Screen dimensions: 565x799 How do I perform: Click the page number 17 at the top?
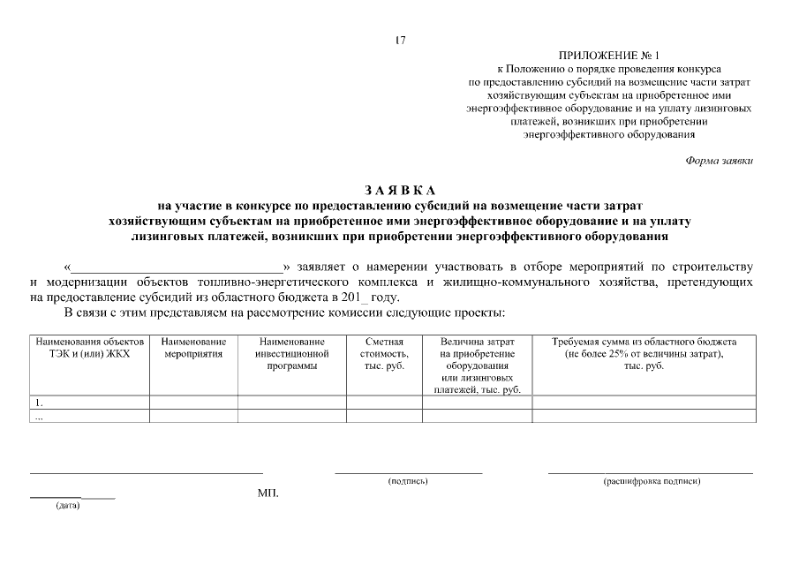[x=400, y=40]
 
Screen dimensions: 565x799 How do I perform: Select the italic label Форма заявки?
[x=719, y=160]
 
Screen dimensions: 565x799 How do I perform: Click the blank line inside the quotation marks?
[x=177, y=266]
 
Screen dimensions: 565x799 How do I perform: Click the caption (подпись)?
[x=408, y=482]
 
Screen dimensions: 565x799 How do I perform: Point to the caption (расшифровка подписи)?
[x=652, y=482]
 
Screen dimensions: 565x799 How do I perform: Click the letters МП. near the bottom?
[x=268, y=493]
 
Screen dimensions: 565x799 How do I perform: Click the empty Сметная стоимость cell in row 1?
[x=384, y=403]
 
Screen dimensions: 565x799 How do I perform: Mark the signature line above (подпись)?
[x=408, y=473]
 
